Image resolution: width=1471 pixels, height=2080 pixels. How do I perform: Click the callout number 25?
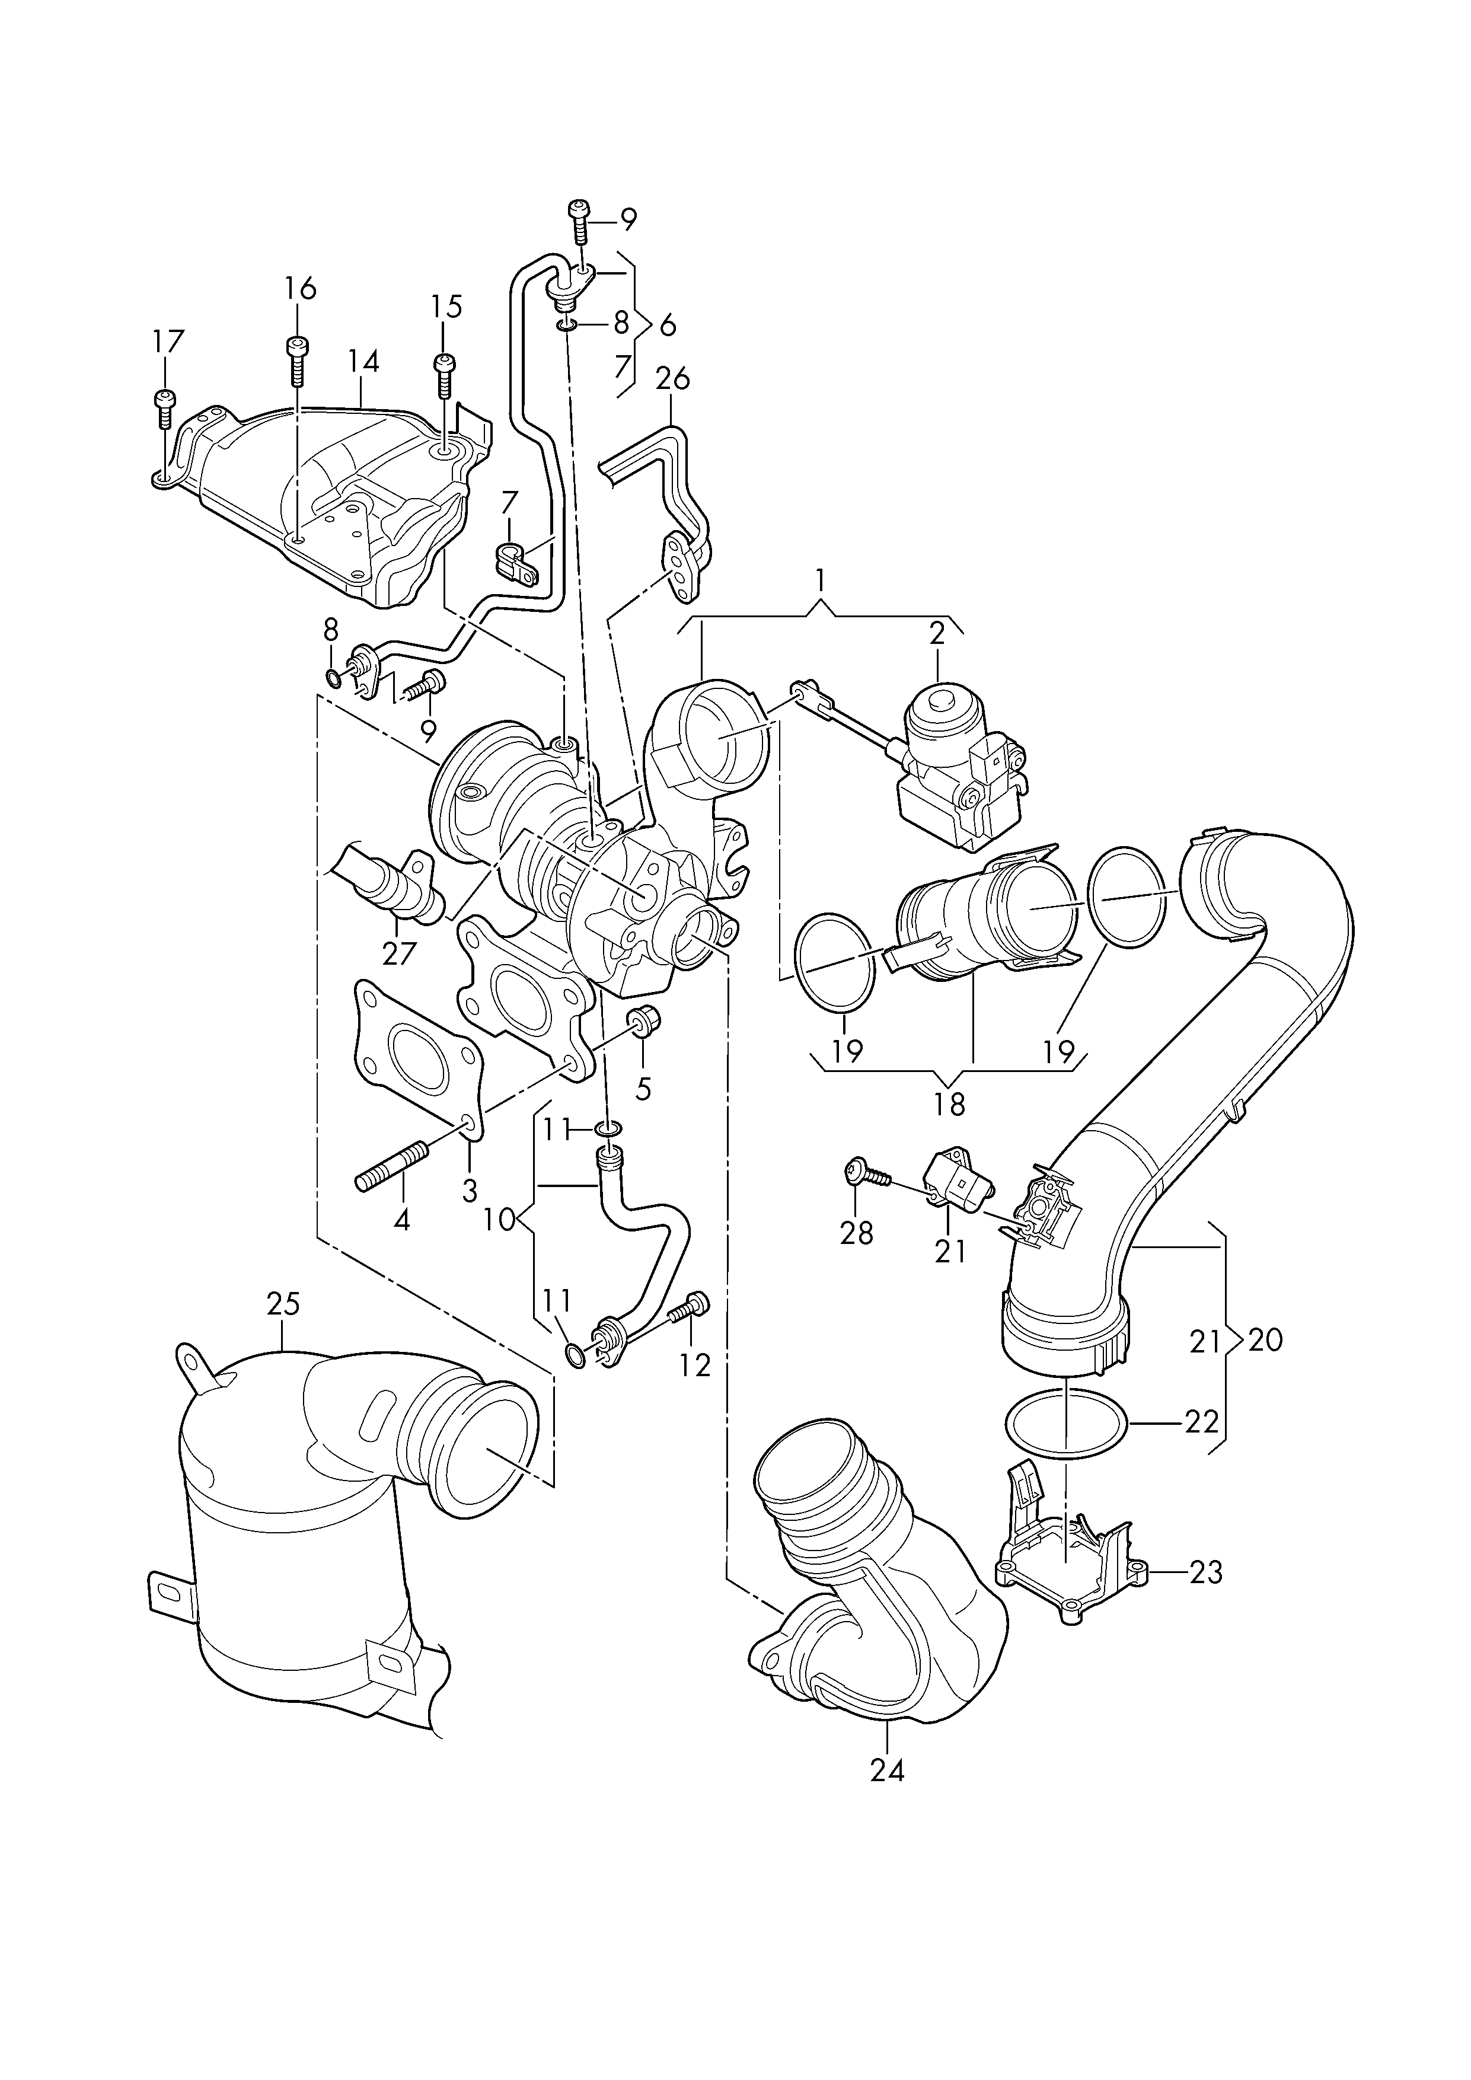(283, 1306)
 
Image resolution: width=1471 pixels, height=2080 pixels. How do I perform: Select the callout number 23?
(1205, 1572)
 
